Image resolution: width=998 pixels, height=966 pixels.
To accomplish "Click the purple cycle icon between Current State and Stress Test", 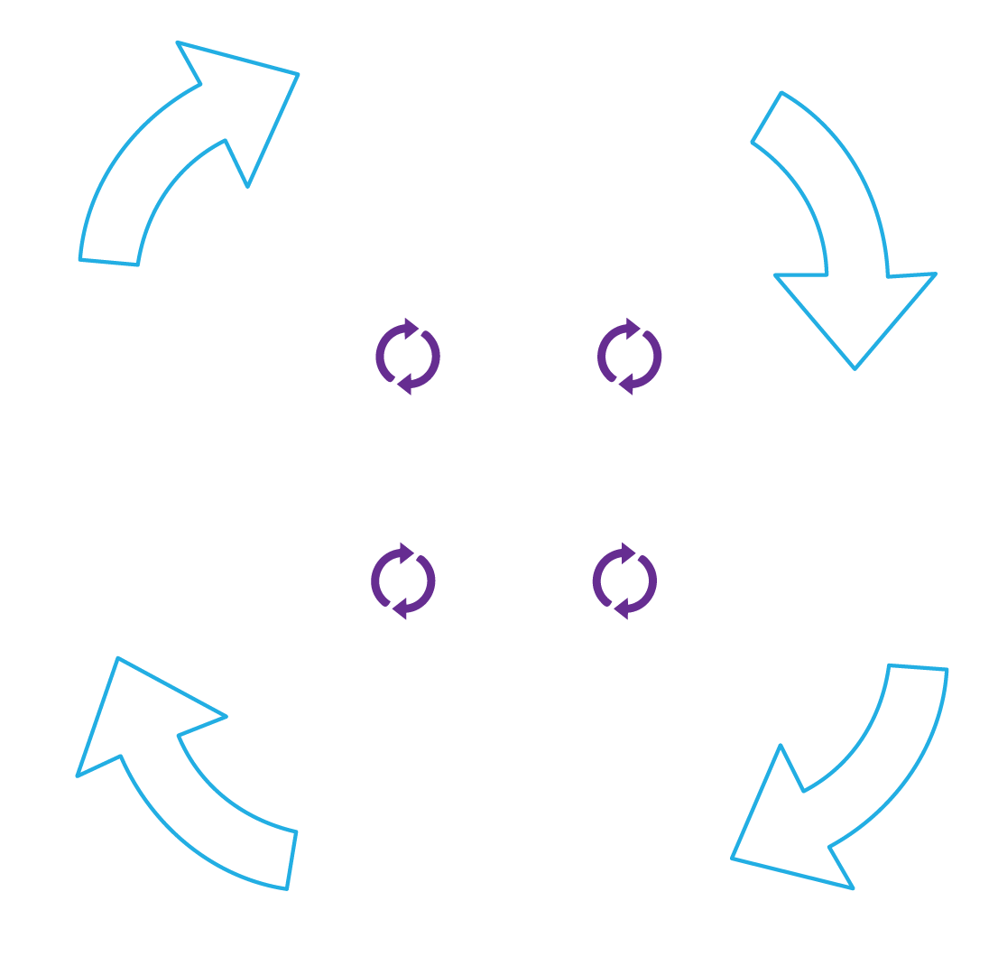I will tap(408, 356).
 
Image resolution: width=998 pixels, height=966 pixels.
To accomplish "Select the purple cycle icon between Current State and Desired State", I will tap(629, 356).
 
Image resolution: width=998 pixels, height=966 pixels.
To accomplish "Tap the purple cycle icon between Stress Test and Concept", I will tap(403, 581).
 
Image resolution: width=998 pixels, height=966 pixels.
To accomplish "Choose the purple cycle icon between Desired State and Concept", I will tap(624, 581).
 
